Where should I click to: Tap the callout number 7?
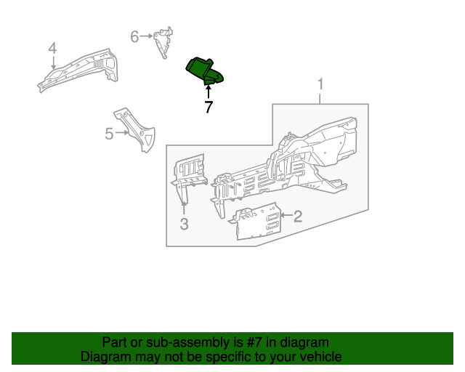[209, 108]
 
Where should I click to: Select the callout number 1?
[320, 87]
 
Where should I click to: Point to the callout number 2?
[297, 215]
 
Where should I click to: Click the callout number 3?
[184, 225]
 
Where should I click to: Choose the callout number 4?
[52, 48]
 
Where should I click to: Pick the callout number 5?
[109, 134]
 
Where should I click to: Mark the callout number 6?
[134, 36]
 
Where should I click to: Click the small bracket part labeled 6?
[163, 43]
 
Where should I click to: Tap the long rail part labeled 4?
[76, 68]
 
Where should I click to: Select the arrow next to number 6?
[147, 36]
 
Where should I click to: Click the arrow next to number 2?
[285, 215]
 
